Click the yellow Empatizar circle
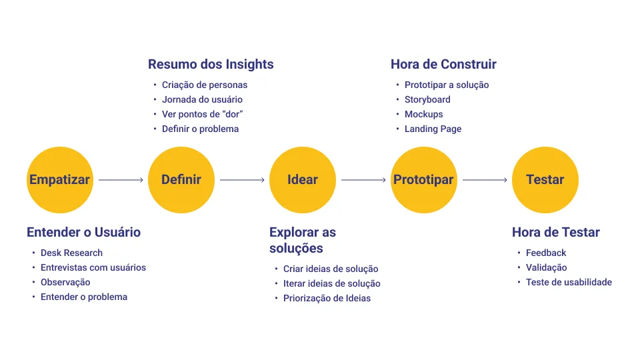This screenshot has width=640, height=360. (x=59, y=179)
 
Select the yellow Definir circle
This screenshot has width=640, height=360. (x=181, y=179)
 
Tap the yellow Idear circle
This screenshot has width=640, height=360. (x=302, y=179)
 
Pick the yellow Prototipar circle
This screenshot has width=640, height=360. (x=423, y=179)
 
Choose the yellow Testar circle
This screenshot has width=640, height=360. (x=545, y=179)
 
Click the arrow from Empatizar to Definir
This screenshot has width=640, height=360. (x=121, y=180)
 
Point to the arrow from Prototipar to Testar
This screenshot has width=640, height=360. (x=485, y=180)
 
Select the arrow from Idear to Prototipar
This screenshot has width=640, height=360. (x=363, y=180)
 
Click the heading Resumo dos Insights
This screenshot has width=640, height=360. (x=211, y=65)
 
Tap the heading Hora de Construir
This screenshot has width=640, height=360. (x=443, y=65)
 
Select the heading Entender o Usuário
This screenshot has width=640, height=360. (x=83, y=233)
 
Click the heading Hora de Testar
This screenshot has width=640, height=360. (x=555, y=233)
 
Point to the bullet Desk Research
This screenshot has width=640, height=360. (x=71, y=253)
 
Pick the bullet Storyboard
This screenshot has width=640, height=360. (x=427, y=99)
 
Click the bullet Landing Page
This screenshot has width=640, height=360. (x=433, y=129)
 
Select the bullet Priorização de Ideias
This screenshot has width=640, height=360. (x=327, y=298)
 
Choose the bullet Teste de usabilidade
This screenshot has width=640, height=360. (x=568, y=282)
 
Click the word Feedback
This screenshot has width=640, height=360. (x=546, y=253)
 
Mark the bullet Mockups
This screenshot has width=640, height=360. (x=423, y=114)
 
